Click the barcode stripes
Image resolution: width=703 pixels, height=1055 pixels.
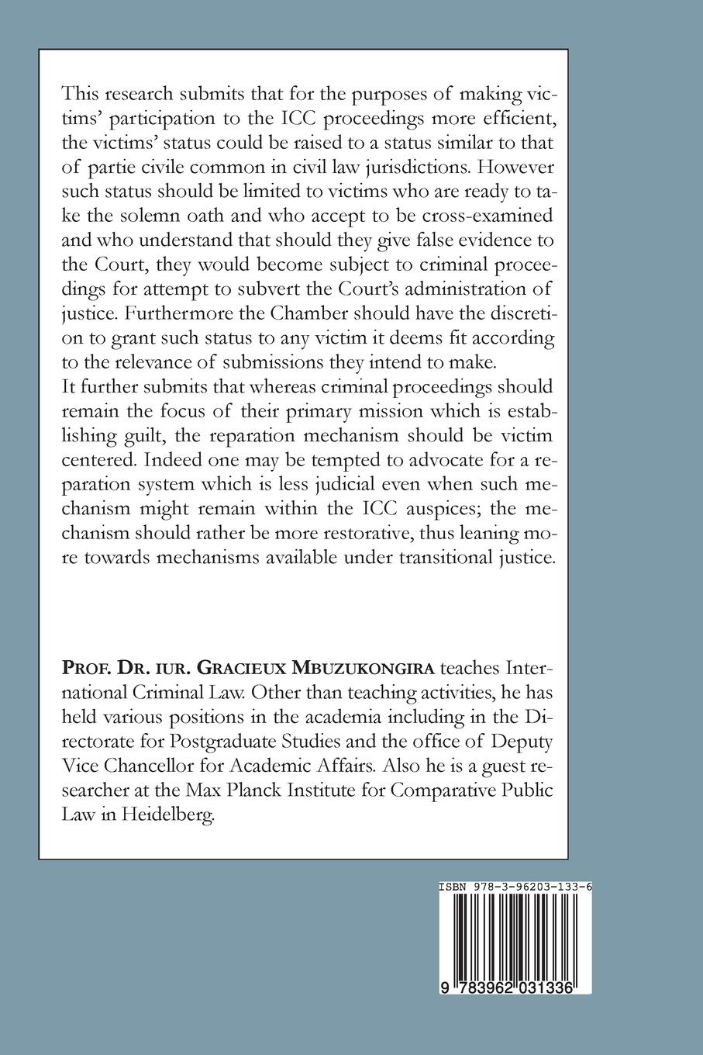(515, 935)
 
